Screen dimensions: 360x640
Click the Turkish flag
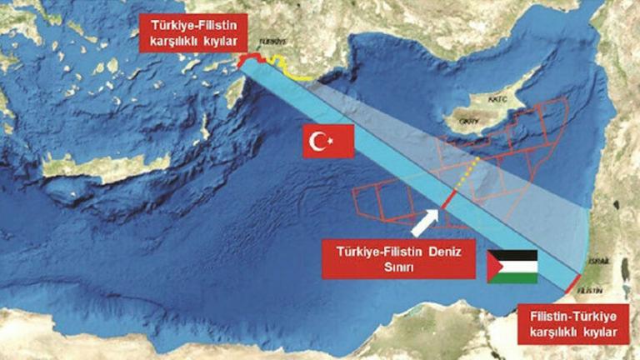pyautogui.click(x=328, y=141)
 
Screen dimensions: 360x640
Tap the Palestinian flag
pyautogui.click(x=512, y=266)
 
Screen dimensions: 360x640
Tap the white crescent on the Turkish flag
pyautogui.click(x=318, y=142)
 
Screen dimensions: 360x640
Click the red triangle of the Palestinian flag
pyautogui.click(x=494, y=266)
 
